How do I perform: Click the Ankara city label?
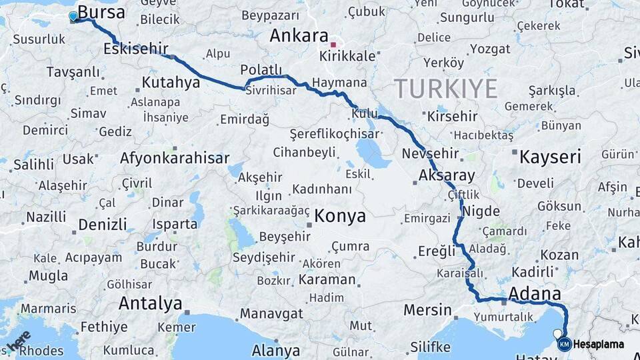[299, 36]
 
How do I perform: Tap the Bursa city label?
[101, 12]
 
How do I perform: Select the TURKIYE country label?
[445, 88]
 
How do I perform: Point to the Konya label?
[340, 216]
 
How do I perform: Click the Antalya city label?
[150, 304]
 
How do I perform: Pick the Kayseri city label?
[550, 157]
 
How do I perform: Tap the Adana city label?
[534, 293]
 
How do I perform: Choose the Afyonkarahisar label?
[175, 158]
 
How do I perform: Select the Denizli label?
[102, 224]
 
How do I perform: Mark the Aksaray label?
[447, 176]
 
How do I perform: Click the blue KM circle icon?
[565, 344]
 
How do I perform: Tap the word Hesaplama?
[599, 344]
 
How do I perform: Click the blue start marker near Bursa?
[73, 16]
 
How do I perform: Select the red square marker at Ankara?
[333, 45]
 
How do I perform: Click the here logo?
[18, 341]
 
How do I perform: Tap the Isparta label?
[175, 224]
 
